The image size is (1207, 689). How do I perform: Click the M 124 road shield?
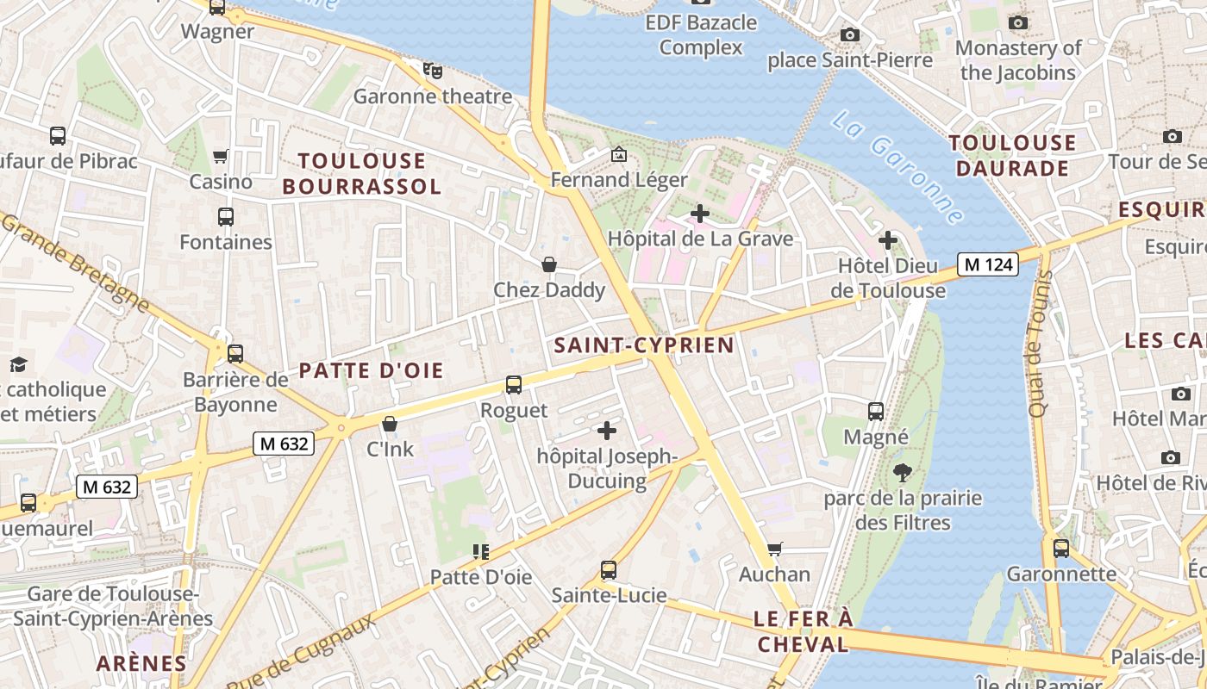pos(988,264)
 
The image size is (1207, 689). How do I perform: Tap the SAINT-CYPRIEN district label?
pos(644,345)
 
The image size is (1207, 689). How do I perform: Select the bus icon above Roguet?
pos(514,385)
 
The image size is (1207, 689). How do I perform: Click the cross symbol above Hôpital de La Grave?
pos(700,213)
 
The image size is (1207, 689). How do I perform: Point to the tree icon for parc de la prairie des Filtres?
pos(903,472)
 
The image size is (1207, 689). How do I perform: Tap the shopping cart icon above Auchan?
pos(774,549)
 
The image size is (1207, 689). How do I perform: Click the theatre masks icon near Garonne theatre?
pos(433,70)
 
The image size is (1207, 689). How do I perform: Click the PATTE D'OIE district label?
pos(371,371)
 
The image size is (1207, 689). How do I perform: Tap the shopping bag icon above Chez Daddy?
pos(548,264)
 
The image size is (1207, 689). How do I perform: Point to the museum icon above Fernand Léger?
pos(618,155)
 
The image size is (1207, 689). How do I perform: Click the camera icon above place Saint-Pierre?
pos(850,34)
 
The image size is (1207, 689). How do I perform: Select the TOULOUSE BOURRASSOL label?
pos(361,173)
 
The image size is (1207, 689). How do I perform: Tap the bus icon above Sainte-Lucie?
pos(609,569)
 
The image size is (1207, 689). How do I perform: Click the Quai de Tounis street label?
pos(1040,343)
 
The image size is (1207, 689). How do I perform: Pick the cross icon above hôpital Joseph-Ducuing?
pos(607,430)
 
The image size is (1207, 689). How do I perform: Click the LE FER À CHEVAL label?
pos(803,631)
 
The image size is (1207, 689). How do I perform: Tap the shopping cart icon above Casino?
pos(221,157)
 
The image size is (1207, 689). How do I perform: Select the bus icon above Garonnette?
pos(1061,548)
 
